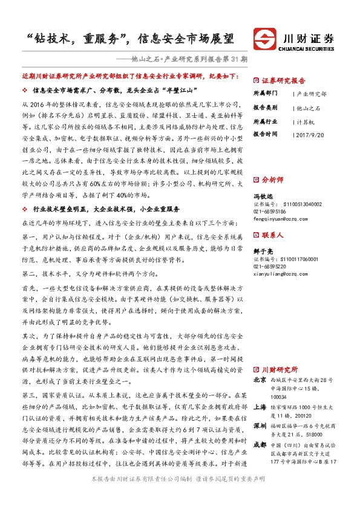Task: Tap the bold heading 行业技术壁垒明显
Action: click(61, 209)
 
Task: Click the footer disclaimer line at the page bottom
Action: click(180, 494)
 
